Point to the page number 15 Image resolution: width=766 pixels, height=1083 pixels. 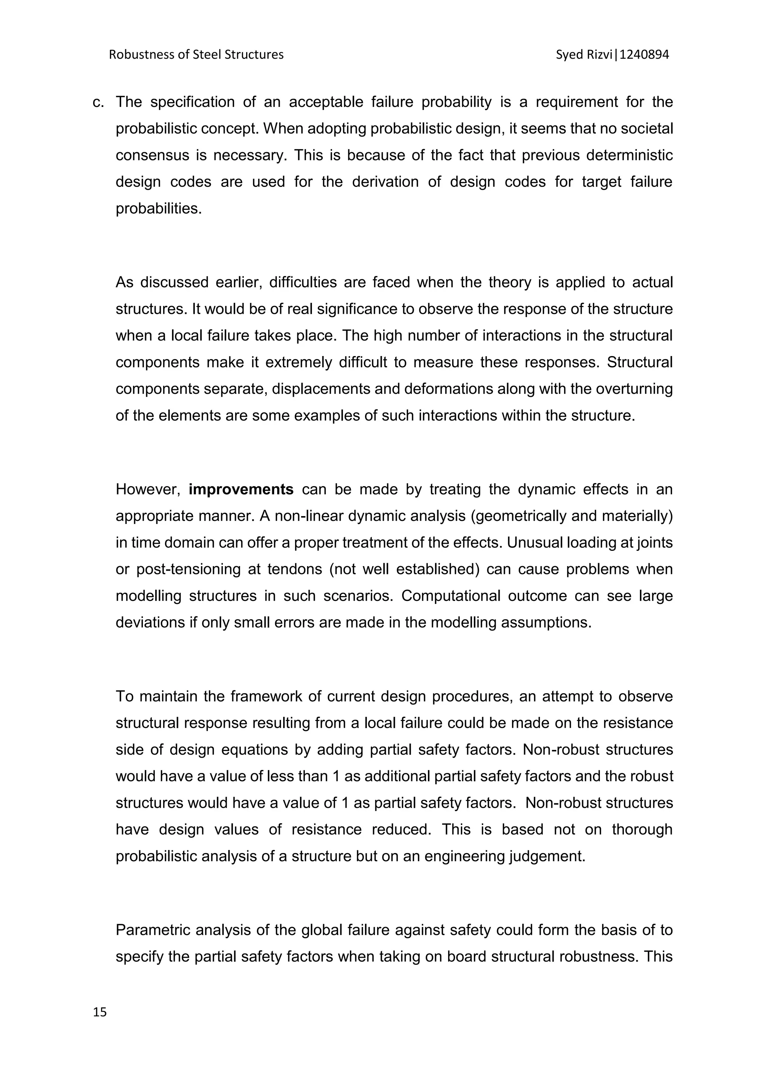pos(100,1012)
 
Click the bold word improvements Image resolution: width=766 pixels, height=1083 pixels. pos(241,490)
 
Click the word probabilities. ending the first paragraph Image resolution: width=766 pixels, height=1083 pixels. pos(159,209)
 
